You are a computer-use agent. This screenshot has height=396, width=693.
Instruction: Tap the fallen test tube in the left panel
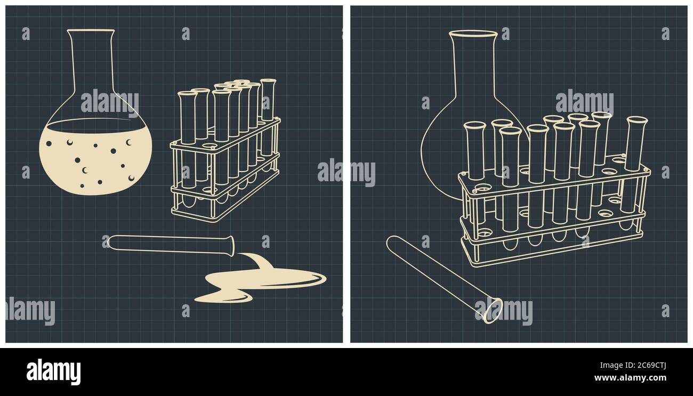171,244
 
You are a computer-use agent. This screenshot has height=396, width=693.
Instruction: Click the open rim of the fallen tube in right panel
492,311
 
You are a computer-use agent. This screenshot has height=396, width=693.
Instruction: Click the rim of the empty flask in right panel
473,34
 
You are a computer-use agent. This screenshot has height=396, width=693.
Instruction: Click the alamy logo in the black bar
53,371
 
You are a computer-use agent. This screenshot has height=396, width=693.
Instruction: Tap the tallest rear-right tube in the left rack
268,107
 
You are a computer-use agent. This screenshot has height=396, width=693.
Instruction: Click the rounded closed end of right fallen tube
392,243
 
